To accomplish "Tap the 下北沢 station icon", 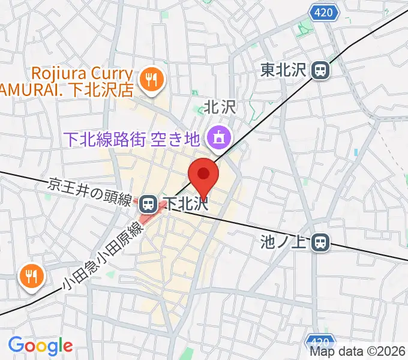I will tap(147, 204).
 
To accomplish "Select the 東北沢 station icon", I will tap(321, 70).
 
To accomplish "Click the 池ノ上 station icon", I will tap(321, 242).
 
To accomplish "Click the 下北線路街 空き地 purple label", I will tap(133, 139).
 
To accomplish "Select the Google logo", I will tap(40, 346).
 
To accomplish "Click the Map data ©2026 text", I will tap(358, 352).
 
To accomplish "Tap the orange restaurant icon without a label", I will tap(29, 275).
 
